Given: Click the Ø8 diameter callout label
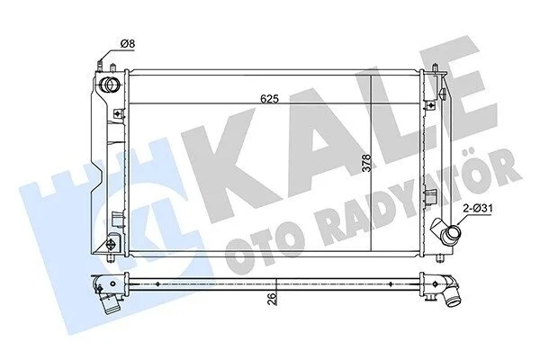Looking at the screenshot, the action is click(127, 44).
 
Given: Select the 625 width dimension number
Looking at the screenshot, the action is click(269, 99).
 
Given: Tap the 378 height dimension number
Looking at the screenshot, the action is click(367, 163).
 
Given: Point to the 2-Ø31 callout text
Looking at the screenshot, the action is click(478, 209).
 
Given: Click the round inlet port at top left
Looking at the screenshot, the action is click(110, 85).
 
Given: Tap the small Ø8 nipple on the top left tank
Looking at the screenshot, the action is click(100, 66).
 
